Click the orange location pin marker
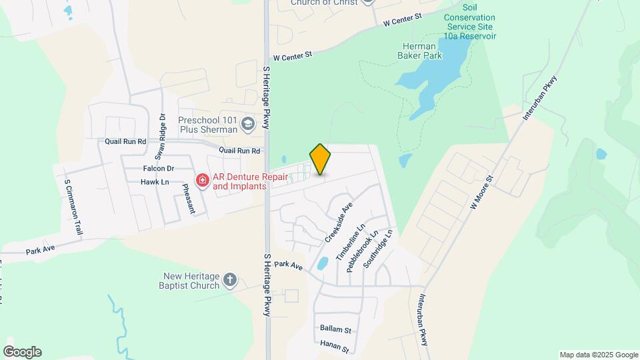pyautogui.click(x=320, y=159)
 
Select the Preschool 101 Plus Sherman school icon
pyautogui.click(x=249, y=123)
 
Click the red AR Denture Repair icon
pyautogui.click(x=201, y=180)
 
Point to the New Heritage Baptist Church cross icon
pyautogui.click(x=229, y=279)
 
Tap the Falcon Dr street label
pyautogui.click(x=158, y=169)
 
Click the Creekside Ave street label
pyautogui.click(x=338, y=223)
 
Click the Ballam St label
pyautogui.click(x=335, y=329)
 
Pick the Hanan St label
pyautogui.click(x=335, y=347)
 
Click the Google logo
pyautogui.click(x=22, y=351)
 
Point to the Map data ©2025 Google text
pyautogui.click(x=598, y=355)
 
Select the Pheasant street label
pyautogui.click(x=189, y=199)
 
